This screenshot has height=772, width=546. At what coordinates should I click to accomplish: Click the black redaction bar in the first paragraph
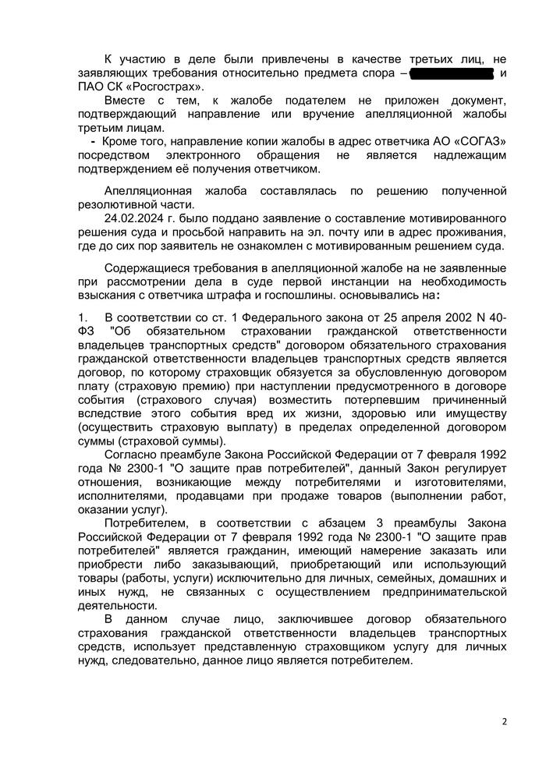452,73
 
